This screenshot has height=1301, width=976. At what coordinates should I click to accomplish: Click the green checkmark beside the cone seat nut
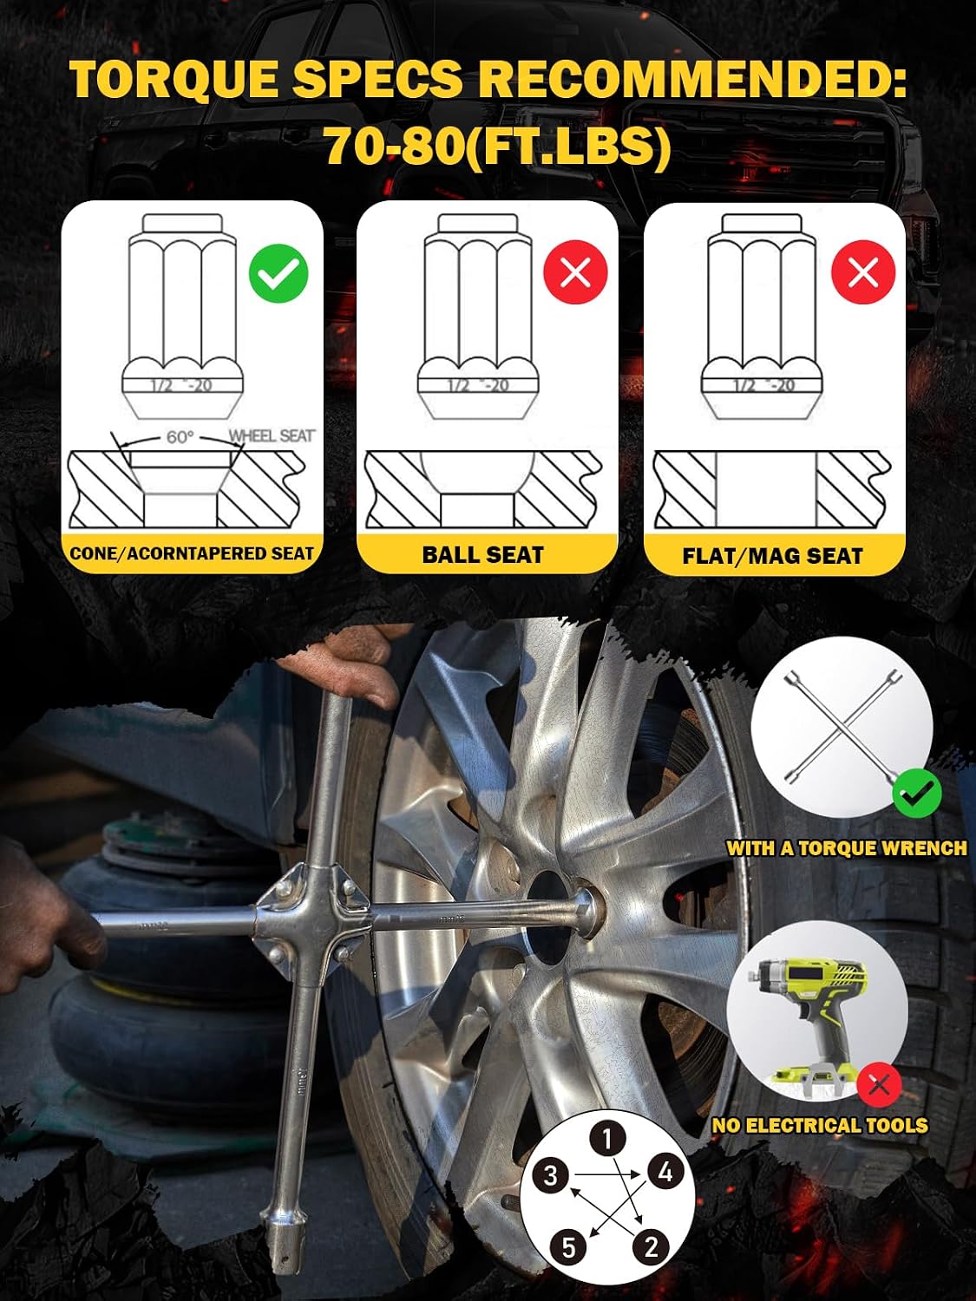[278, 273]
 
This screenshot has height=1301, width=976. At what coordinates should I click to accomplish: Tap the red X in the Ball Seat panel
[575, 272]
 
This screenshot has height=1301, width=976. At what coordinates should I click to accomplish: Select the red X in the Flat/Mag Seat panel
[863, 272]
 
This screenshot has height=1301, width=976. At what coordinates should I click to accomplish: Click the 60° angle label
[180, 437]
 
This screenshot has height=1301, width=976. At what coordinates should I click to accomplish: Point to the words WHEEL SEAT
[272, 435]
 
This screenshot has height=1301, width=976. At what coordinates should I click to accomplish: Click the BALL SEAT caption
[482, 555]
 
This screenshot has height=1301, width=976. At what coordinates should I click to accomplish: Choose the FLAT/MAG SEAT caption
[772, 556]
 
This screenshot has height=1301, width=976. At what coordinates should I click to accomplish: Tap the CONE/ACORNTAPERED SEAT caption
[192, 553]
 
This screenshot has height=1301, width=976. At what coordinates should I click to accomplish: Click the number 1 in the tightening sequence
[607, 1138]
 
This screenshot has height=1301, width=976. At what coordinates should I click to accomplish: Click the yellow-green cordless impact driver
[810, 1025]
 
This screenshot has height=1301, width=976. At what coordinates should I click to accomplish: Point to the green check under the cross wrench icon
[917, 793]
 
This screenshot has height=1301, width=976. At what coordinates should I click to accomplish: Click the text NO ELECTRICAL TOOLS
[820, 1126]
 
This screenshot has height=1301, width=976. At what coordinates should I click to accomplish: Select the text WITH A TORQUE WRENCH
[847, 848]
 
